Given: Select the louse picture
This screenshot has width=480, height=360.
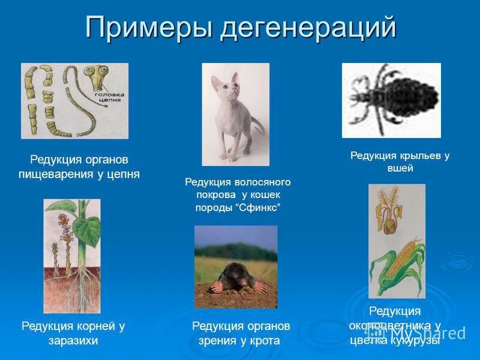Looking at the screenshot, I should click(x=391, y=100).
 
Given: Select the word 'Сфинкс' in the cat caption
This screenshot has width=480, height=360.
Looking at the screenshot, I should click(x=259, y=208).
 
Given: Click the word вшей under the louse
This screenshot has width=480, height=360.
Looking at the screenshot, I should click(x=400, y=169).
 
